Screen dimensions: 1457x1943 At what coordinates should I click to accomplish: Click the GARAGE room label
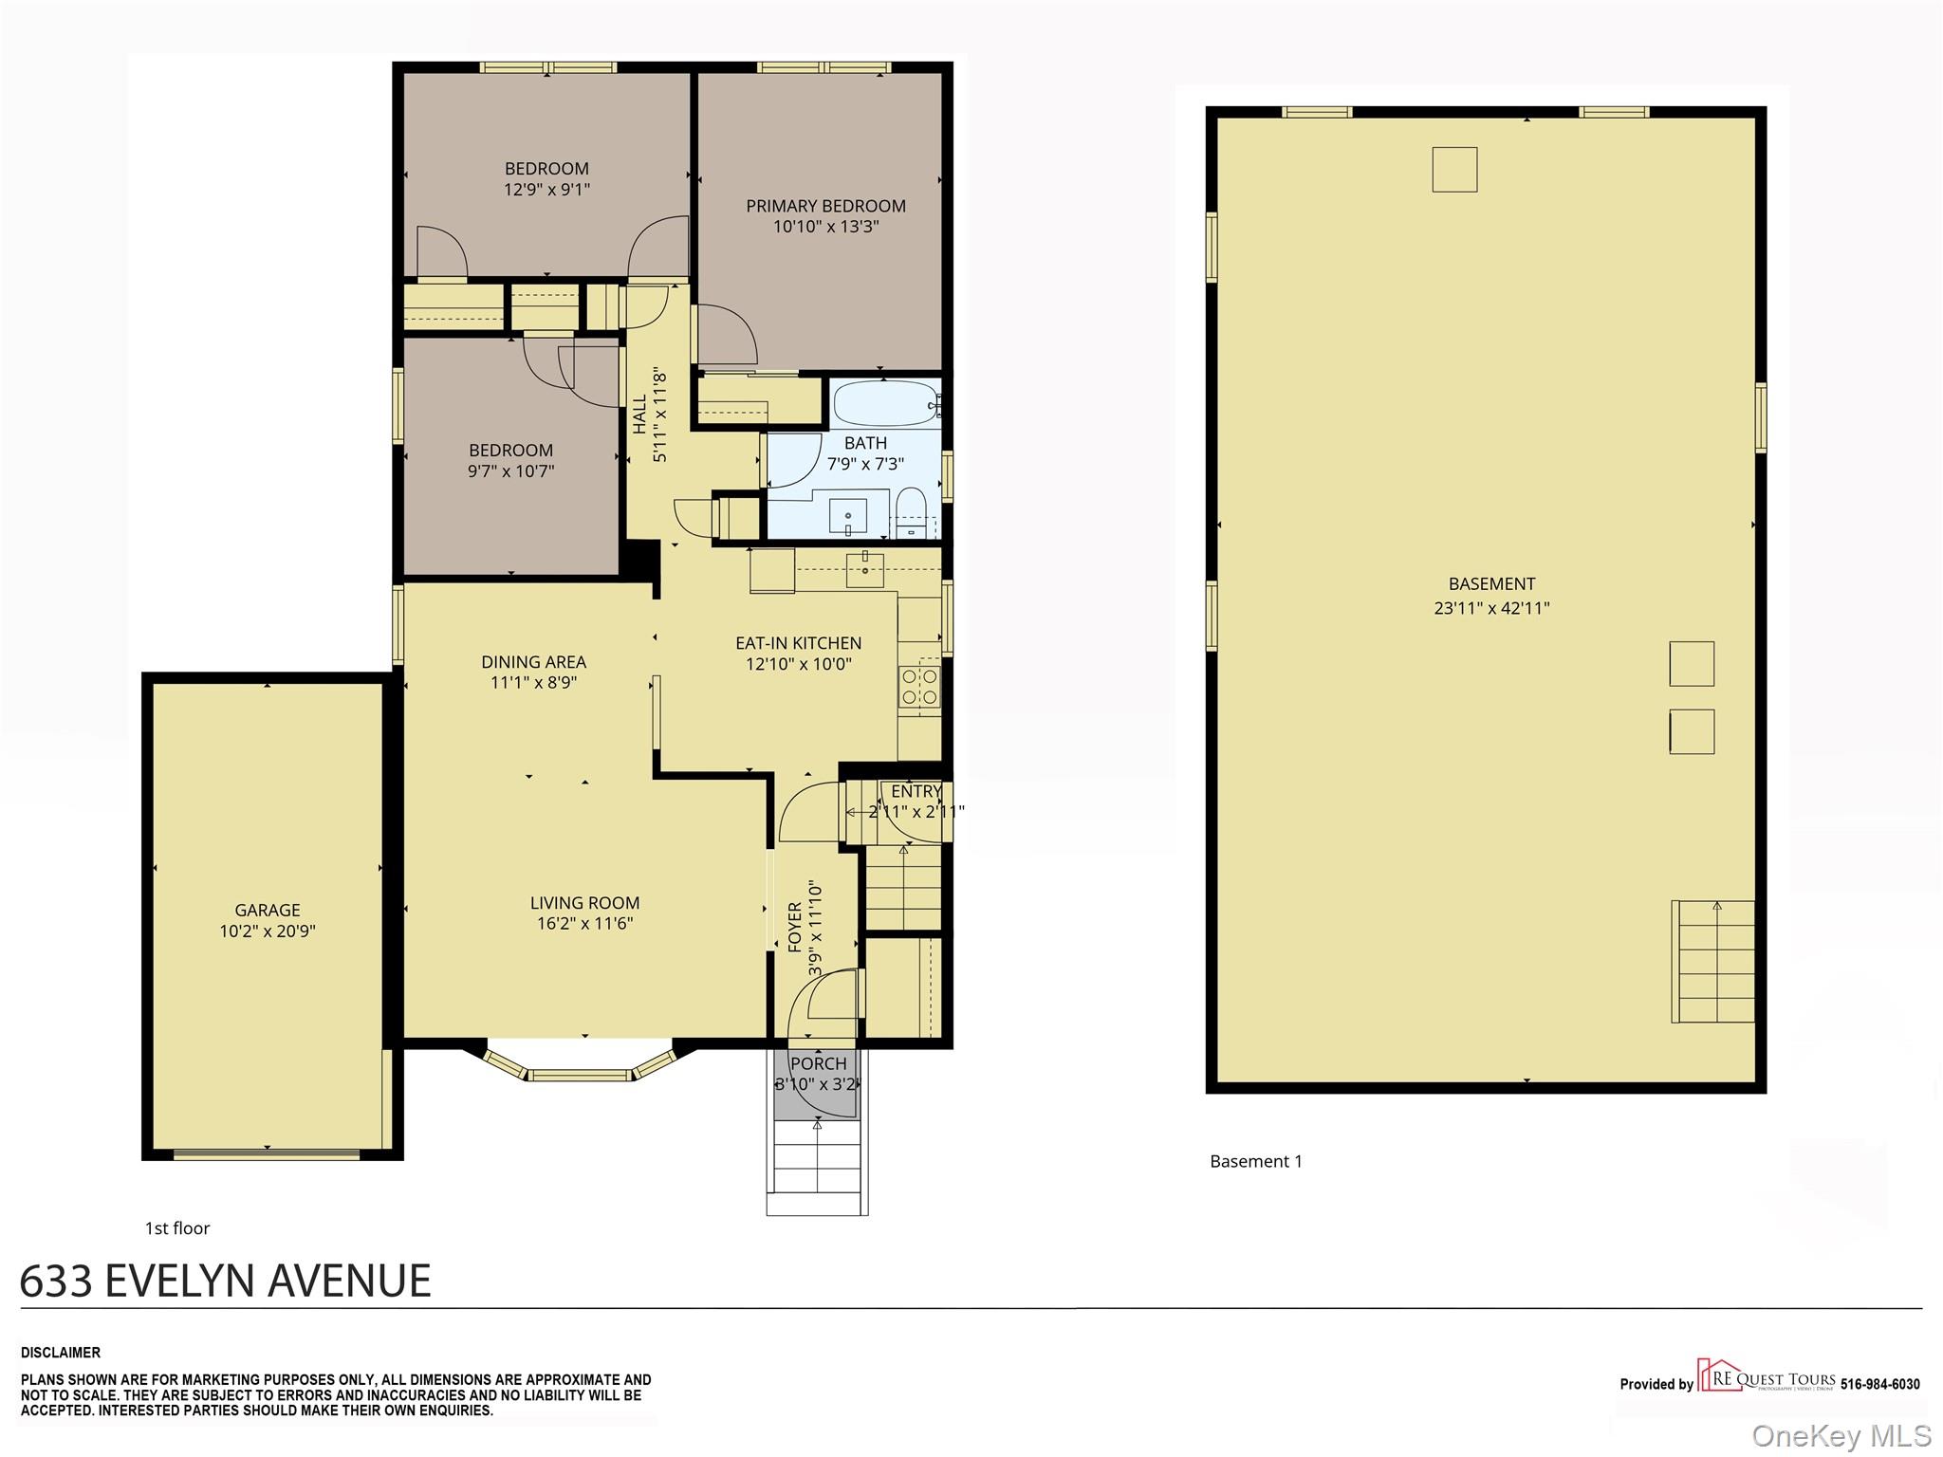click(268, 910)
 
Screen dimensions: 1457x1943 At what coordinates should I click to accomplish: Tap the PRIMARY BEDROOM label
click(825, 206)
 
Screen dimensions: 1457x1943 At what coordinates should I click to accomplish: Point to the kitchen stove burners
click(919, 687)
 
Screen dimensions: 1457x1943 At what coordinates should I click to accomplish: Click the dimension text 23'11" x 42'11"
click(1491, 608)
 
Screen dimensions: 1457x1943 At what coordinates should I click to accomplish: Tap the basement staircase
click(1712, 961)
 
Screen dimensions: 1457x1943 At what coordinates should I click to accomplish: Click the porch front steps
click(817, 1168)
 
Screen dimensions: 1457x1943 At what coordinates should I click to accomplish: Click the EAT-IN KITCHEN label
click(798, 643)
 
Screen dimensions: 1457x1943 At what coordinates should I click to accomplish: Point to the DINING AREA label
click(533, 662)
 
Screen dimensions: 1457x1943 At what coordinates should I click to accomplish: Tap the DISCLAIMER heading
click(61, 1353)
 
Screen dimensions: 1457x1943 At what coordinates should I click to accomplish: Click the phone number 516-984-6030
click(1879, 1384)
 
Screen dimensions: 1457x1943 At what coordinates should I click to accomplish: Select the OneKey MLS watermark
click(1841, 1435)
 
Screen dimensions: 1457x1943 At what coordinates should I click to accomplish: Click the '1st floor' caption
click(177, 1228)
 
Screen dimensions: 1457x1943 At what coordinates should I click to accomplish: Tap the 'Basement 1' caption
click(1256, 1161)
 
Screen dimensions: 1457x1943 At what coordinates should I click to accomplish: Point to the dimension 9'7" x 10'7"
click(510, 470)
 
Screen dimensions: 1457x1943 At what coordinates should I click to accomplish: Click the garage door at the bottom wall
click(267, 1154)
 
